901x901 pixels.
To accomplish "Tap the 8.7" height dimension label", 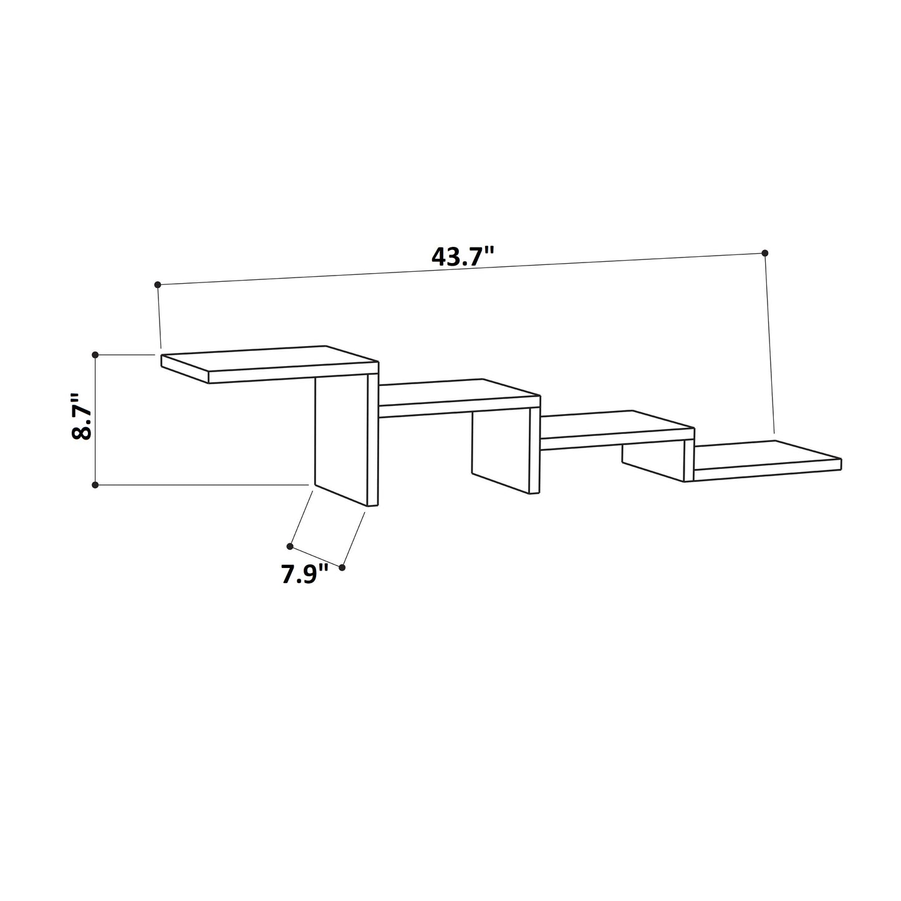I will [x=82, y=417].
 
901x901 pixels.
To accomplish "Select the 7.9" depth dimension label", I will [x=305, y=574].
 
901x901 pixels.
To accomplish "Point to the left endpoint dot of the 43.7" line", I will [x=158, y=284].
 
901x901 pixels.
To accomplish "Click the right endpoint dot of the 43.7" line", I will [x=765, y=253].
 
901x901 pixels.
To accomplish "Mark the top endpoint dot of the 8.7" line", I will [x=95, y=355].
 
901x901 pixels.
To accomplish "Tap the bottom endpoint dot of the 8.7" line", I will [x=95, y=484].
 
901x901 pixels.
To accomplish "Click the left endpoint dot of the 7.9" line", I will [x=291, y=546].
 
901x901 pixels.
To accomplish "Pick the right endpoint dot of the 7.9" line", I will [x=342, y=567].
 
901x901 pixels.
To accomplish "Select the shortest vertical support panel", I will [x=652, y=462].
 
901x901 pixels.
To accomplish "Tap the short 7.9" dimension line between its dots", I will [x=317, y=557].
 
